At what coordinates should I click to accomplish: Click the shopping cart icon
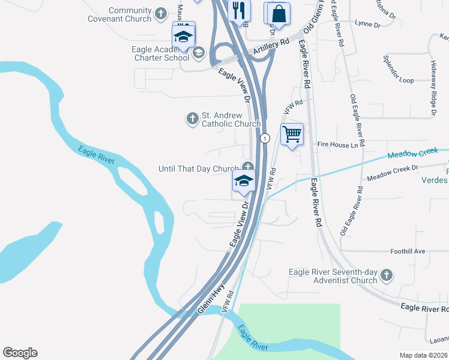click(x=292, y=134)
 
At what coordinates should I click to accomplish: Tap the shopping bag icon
click(x=279, y=13)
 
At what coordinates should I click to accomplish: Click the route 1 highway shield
click(x=264, y=138)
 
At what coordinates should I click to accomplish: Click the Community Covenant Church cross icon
click(x=161, y=13)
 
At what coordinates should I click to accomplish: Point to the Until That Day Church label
click(x=199, y=169)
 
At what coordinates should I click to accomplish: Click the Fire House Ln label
click(x=341, y=145)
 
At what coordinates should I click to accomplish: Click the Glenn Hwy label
click(x=211, y=299)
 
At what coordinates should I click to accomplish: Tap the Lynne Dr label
click(x=368, y=25)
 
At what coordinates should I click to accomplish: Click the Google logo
click(x=20, y=353)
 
